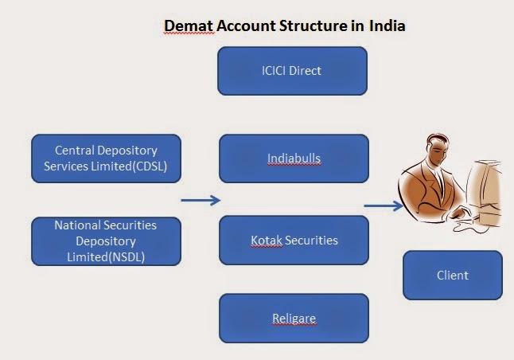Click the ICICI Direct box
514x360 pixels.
[292, 71]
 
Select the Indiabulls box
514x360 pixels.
[294, 158]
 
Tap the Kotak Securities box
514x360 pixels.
[294, 240]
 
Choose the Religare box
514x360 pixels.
[294, 319]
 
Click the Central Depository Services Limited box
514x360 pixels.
[106, 158]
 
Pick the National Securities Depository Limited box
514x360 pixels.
[106, 241]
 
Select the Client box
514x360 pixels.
[452, 276]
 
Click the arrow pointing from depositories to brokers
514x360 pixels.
[201, 200]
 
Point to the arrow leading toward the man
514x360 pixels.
[384, 206]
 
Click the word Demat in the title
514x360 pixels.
[185, 25]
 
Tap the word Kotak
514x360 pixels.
[267, 240]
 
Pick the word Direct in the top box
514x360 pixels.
[305, 71]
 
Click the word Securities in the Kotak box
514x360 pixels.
[311, 240]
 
